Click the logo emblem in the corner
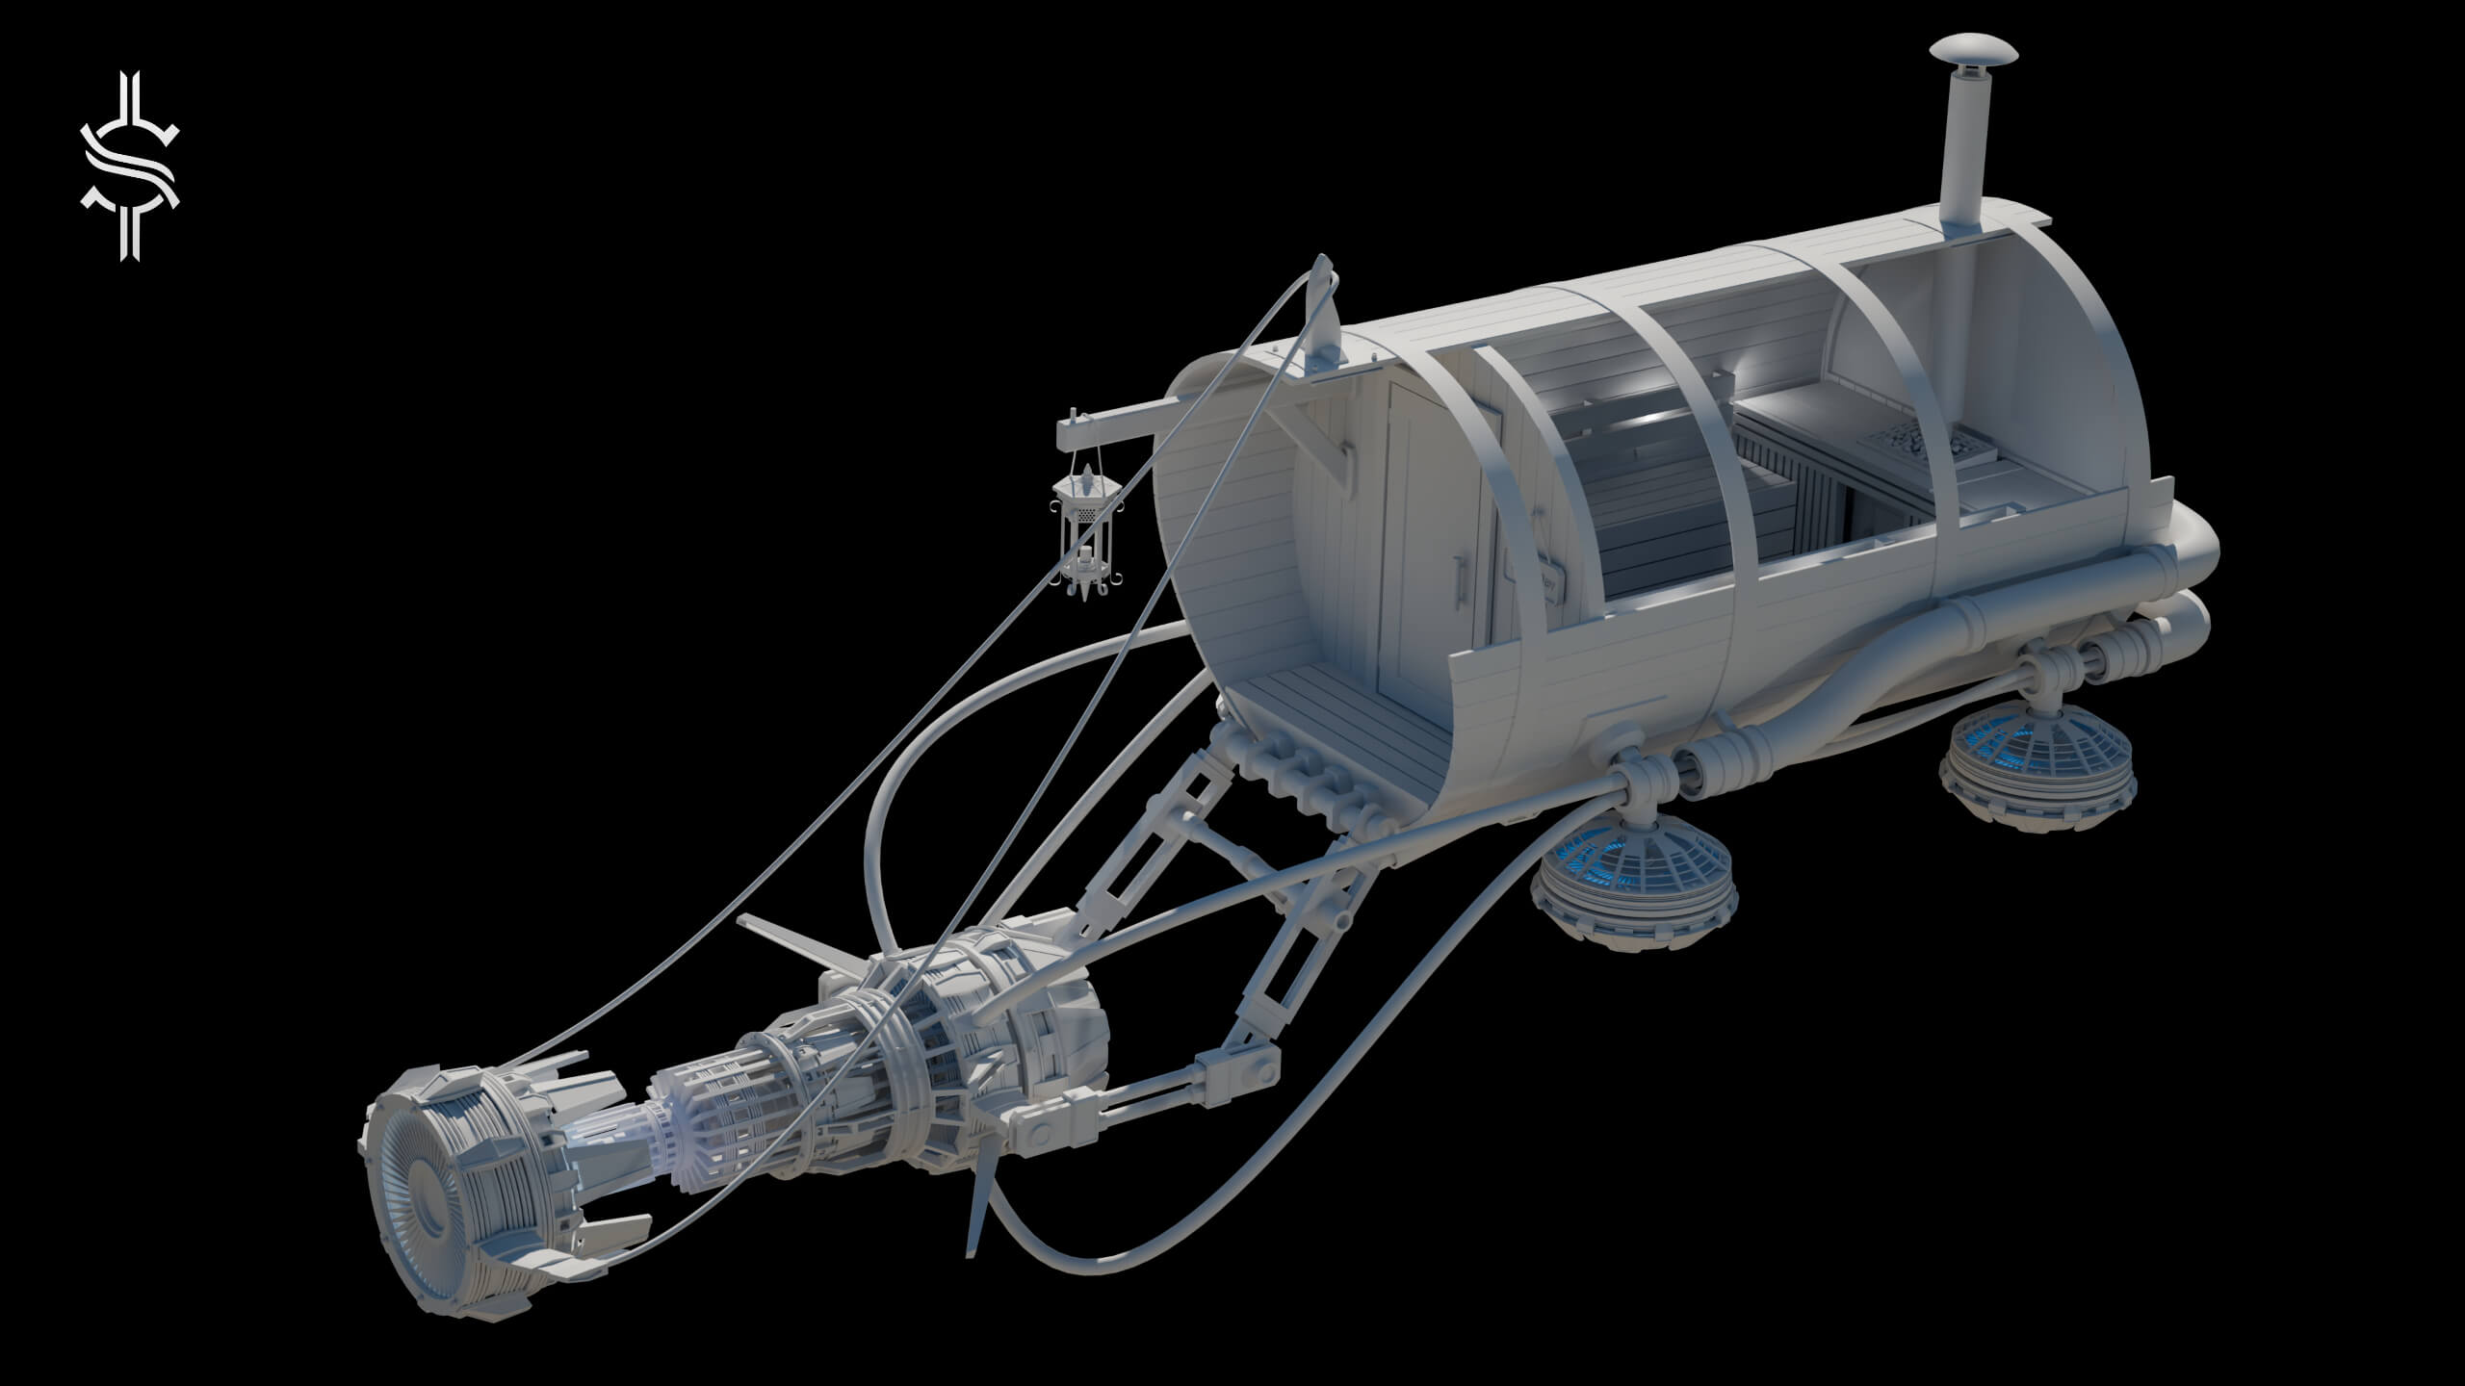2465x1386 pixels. tap(129, 166)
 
